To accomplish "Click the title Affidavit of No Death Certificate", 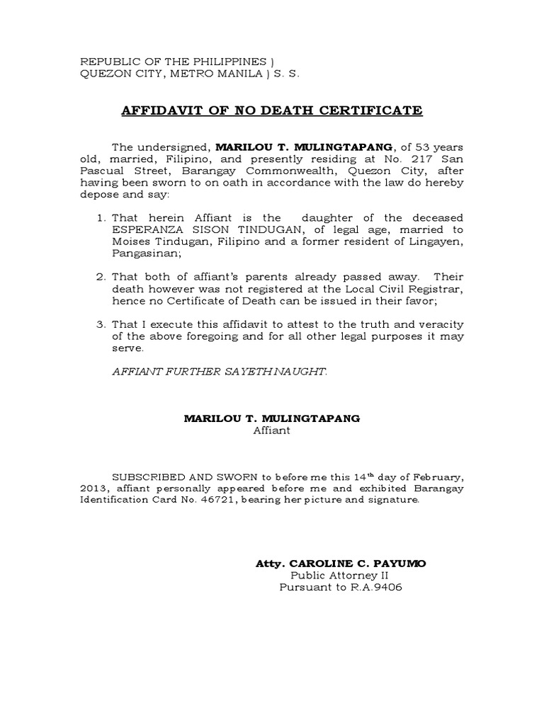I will pyautogui.click(x=272, y=110).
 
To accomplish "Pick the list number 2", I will pyautogui.click(x=101, y=277).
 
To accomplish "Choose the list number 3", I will pyautogui.click(x=101, y=324).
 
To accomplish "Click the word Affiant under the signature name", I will pyautogui.click(x=272, y=430).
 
